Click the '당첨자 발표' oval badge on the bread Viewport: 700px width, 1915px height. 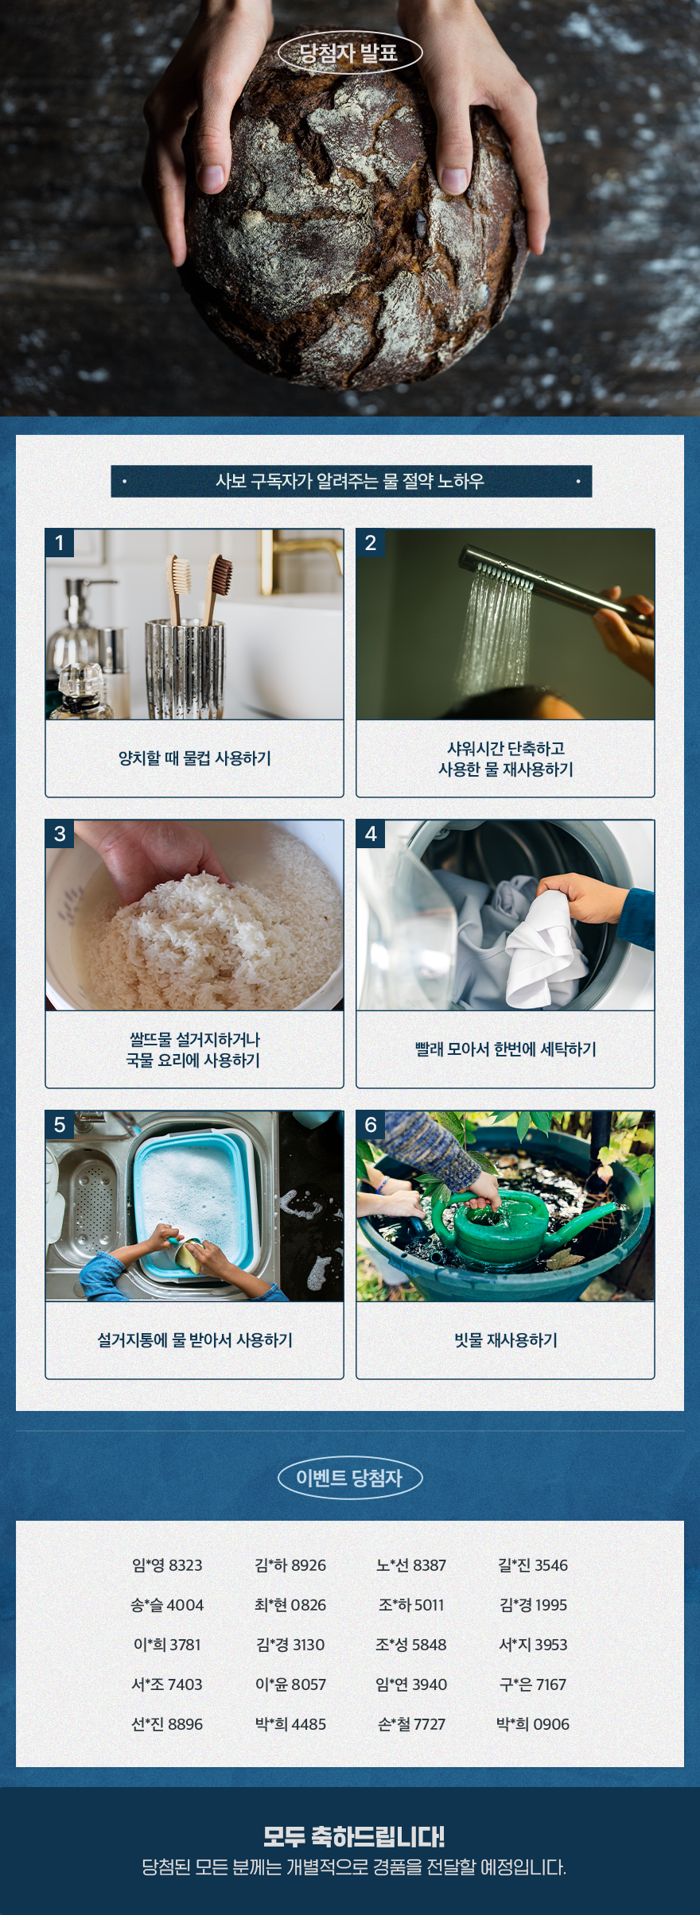pos(350,53)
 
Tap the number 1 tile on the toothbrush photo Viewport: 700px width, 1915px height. pos(60,543)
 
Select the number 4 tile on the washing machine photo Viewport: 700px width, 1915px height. pos(371,834)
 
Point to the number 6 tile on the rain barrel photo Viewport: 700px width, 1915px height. pos(371,1125)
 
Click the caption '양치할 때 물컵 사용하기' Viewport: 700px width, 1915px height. pos(195,758)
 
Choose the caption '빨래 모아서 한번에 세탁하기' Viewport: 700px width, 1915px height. pos(506,1049)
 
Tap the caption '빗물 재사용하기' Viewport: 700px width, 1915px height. pos(506,1340)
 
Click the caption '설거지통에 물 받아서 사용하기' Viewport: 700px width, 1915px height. pos(195,1340)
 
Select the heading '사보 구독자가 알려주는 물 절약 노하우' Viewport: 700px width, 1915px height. pos(350,481)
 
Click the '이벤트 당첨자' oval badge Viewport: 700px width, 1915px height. pos(350,1478)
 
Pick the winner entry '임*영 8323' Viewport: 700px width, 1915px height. pos(167,1565)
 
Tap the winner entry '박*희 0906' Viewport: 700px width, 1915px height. pos(533,1724)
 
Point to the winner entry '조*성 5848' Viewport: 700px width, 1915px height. pos(411,1645)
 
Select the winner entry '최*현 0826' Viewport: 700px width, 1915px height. pos(290,1605)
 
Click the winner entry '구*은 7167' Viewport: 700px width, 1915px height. pos(533,1684)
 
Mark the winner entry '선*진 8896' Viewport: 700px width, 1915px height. pos(167,1724)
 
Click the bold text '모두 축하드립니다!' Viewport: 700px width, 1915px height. pos(354,1836)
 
